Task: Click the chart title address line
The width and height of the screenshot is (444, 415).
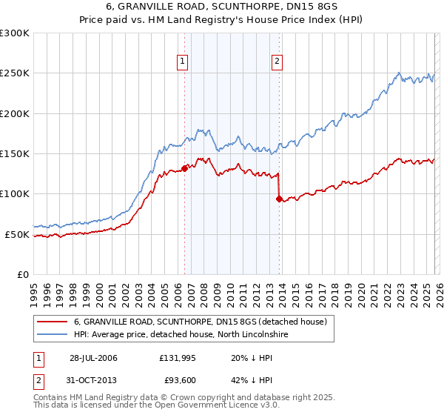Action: [x=222, y=8]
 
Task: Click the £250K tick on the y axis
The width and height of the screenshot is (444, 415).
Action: [x=14, y=73]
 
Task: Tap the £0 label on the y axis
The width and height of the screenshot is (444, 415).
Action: [x=22, y=274]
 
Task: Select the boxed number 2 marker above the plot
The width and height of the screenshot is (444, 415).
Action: [x=277, y=62]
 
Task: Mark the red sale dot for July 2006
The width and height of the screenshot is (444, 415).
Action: [x=184, y=168]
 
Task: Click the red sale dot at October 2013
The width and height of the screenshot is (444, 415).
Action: [x=279, y=199]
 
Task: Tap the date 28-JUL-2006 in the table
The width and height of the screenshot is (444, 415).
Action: [x=93, y=358]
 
